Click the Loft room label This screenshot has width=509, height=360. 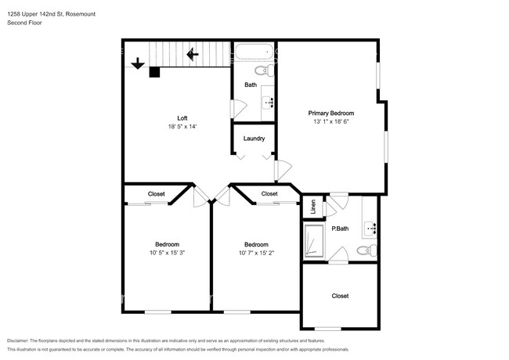[182, 118]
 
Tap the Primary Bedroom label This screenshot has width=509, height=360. [330, 113]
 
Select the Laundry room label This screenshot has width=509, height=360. [254, 139]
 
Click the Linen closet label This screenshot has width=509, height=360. [313, 207]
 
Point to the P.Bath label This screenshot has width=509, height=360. [340, 229]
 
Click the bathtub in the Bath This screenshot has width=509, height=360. [254, 52]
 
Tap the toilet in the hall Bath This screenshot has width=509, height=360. [264, 70]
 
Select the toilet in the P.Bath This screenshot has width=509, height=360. [366, 250]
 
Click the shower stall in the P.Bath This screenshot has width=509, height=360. [314, 241]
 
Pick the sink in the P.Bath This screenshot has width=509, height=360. [370, 229]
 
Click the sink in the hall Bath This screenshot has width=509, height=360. [268, 103]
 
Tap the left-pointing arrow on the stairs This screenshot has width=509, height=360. [193, 54]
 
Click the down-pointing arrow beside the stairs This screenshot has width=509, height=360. [138, 63]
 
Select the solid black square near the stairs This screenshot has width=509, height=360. [154, 72]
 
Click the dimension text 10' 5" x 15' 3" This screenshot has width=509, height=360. [167, 253]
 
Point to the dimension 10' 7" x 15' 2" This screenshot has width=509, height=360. [256, 253]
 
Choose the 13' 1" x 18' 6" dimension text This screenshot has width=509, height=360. [330, 121]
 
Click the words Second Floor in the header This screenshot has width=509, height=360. [24, 23]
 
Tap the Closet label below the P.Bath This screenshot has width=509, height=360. [340, 296]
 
